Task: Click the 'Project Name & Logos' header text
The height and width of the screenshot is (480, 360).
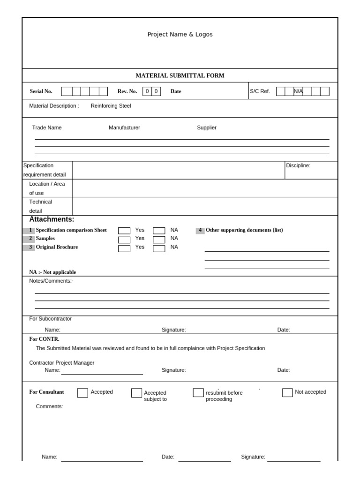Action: (x=180, y=34)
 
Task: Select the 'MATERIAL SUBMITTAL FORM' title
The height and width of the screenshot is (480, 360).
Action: (x=180, y=75)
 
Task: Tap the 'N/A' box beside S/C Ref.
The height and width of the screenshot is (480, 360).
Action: (x=298, y=91)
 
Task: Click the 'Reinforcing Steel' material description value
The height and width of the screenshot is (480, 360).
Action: (x=111, y=106)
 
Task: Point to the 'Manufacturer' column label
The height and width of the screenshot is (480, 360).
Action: (x=124, y=127)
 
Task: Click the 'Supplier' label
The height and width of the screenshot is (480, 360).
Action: (x=207, y=127)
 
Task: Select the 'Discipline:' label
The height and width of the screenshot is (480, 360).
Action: (x=298, y=165)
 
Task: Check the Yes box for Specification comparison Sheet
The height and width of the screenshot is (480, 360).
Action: (x=124, y=231)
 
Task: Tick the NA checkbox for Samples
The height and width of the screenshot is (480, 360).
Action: (x=159, y=240)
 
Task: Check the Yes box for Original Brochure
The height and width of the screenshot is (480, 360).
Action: (x=124, y=248)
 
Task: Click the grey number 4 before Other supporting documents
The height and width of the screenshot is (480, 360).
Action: (x=200, y=230)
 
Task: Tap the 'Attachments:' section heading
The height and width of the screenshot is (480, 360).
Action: (x=52, y=219)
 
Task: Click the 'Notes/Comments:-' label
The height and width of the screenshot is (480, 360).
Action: (x=51, y=281)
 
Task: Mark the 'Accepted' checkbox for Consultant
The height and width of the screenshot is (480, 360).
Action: (x=82, y=393)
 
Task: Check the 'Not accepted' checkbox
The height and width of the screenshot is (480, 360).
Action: (x=287, y=393)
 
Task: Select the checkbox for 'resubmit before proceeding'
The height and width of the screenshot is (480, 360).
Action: (x=198, y=393)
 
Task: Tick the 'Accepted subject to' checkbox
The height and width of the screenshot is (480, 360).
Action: (x=136, y=393)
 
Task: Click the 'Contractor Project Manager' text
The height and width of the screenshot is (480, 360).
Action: (x=62, y=363)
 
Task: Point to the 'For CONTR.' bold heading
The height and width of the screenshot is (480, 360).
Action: (x=44, y=339)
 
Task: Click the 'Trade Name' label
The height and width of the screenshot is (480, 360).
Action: (x=47, y=127)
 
